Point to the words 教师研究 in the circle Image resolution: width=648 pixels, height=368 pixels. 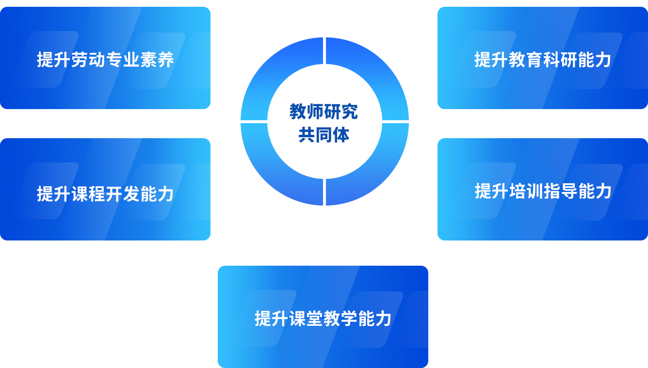[x=324, y=112]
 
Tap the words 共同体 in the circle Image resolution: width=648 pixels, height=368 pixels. [x=324, y=135]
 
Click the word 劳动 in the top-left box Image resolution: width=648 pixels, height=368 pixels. [x=88, y=60]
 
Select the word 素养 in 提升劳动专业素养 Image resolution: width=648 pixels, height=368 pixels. [x=157, y=60]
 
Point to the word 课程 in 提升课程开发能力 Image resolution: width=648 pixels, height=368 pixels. [x=88, y=194]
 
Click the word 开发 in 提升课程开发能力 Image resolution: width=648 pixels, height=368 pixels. [x=123, y=194]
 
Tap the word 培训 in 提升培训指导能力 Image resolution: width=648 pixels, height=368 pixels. [x=526, y=191]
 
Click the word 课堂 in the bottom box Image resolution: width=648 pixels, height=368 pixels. [x=306, y=319]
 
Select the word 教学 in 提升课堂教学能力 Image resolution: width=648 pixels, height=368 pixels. [x=340, y=319]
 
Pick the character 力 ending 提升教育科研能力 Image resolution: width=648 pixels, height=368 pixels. [x=602, y=60]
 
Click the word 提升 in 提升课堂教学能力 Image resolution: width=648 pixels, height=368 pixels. [x=272, y=319]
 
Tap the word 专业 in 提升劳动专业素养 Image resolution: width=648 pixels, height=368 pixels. [x=123, y=60]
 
